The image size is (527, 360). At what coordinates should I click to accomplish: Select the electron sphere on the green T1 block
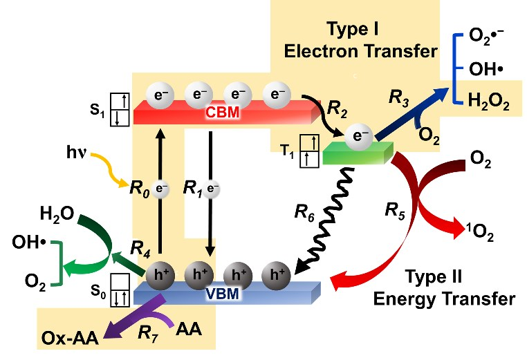click(x=358, y=136)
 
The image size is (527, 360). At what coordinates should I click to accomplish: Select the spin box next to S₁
click(x=123, y=111)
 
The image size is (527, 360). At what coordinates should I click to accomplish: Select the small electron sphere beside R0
click(x=160, y=187)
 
